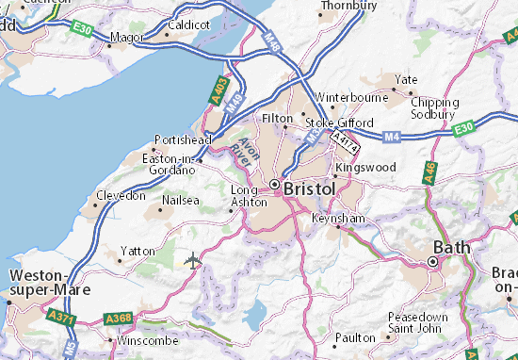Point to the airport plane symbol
click(194, 259)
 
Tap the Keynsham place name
click(338, 218)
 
